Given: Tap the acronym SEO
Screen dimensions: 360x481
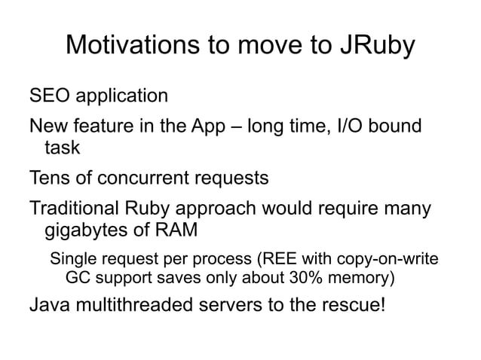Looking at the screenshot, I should [47, 96].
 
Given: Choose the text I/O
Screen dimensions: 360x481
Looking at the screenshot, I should [349, 126].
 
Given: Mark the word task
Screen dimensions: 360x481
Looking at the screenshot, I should [64, 148].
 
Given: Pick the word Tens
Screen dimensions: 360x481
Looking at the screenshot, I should [48, 178].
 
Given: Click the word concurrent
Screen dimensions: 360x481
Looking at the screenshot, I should [139, 178].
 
